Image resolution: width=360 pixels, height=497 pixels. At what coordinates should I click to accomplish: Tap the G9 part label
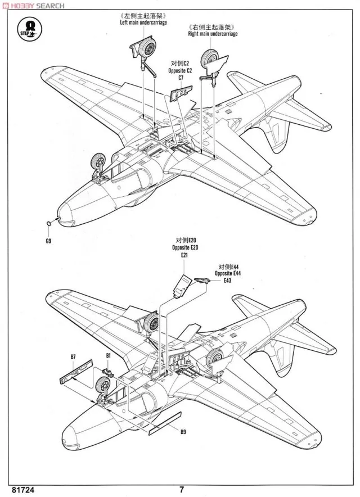(x=48, y=241)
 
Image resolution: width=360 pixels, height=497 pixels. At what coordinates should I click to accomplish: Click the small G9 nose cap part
(x=50, y=223)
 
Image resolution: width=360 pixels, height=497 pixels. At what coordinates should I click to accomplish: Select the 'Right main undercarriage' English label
(x=213, y=34)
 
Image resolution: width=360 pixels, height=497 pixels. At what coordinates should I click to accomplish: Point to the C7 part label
(x=181, y=78)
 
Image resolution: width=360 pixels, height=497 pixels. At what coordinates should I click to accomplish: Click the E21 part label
(x=184, y=256)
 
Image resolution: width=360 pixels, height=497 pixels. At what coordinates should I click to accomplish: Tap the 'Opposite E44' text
(x=227, y=273)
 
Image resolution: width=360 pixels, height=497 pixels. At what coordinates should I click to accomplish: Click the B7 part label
(x=73, y=356)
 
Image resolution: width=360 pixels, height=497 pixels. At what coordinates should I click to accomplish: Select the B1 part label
(x=109, y=356)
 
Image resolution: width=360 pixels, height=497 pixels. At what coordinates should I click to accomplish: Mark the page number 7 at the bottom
(x=181, y=488)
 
